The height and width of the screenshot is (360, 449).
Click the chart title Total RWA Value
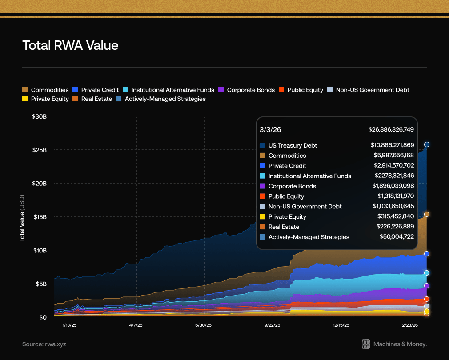70,45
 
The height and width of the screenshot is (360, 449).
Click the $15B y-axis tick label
40,217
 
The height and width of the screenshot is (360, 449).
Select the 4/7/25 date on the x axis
136,325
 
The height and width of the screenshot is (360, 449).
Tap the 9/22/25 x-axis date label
272,325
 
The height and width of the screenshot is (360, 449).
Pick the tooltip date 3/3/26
270,129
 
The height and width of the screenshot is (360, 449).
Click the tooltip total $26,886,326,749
391,129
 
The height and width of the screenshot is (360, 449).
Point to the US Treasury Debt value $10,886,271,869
392,145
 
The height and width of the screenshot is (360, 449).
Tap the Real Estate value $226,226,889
394,227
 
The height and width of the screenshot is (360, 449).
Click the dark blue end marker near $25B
427,144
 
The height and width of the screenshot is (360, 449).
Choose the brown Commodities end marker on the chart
427,214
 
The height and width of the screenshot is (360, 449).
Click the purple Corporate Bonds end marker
427,286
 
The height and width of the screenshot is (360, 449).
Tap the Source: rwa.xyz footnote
44,344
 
